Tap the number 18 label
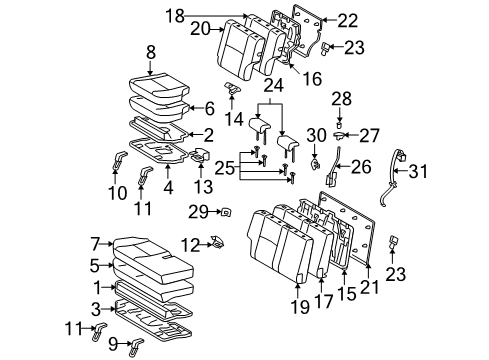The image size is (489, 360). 176,16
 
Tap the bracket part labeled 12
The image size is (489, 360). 218,243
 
